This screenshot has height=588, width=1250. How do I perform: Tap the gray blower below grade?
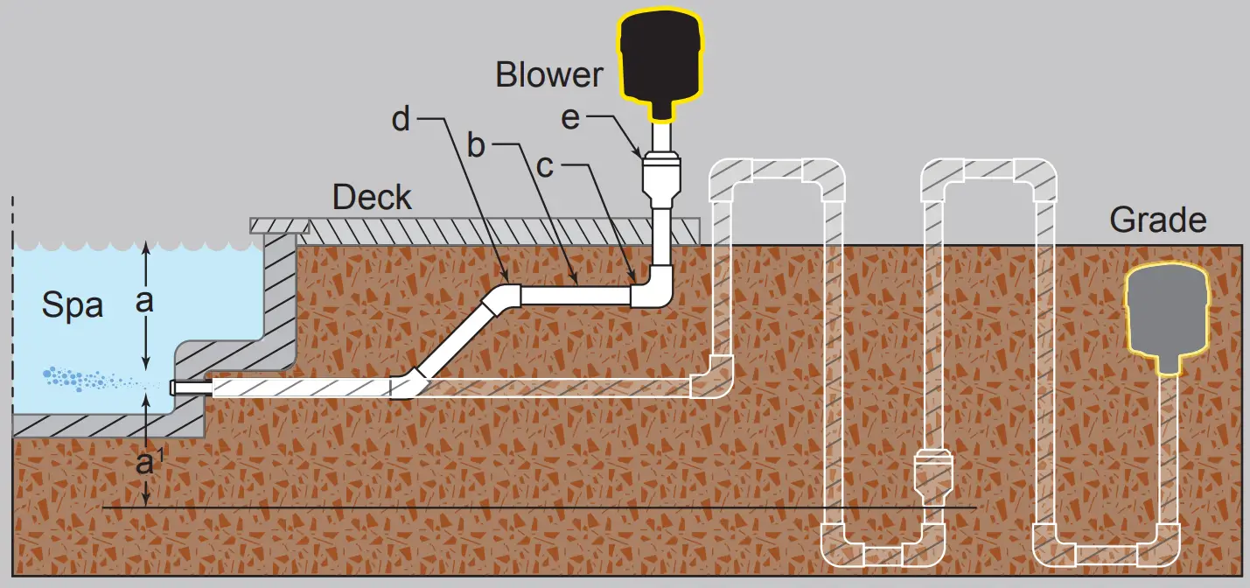pyautogui.click(x=1166, y=315)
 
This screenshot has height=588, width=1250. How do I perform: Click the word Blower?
pyautogui.click(x=548, y=74)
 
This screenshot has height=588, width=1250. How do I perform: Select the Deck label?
pyautogui.click(x=372, y=197)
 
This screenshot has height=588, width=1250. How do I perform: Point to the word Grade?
pyautogui.click(x=1157, y=219)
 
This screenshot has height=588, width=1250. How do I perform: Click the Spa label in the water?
pyautogui.click(x=73, y=306)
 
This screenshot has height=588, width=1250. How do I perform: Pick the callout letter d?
pyautogui.click(x=401, y=120)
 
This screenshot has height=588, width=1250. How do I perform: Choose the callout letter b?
pyautogui.click(x=475, y=145)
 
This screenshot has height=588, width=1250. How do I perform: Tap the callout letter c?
pyautogui.click(x=544, y=166)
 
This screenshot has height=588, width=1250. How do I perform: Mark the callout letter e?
pyautogui.click(x=570, y=118)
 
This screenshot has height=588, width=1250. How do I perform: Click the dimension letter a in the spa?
pyautogui.click(x=145, y=301)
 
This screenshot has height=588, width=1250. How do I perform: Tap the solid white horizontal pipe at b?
pyautogui.click(x=576, y=294)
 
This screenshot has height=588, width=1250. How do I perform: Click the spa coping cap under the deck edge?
pyautogui.click(x=280, y=226)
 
